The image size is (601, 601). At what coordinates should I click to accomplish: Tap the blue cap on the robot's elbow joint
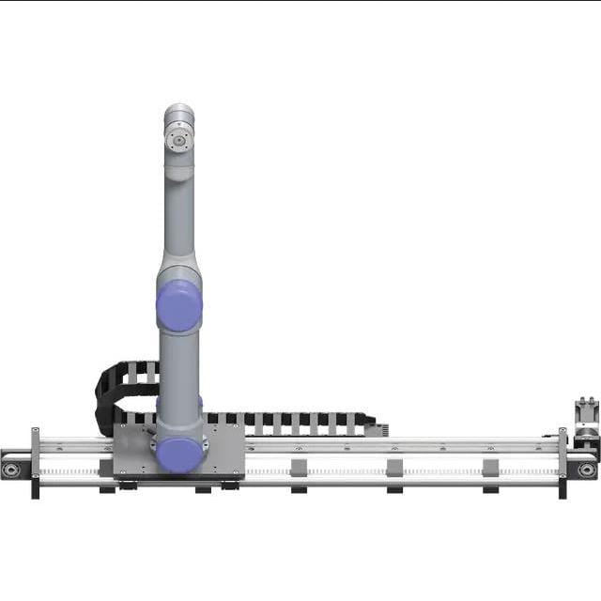click(178, 307)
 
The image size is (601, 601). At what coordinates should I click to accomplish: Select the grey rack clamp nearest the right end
click(490, 467)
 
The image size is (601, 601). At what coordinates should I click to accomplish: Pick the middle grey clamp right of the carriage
click(394, 467)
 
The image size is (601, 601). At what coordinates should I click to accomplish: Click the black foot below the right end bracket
click(562, 488)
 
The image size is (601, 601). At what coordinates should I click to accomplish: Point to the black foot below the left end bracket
click(36, 489)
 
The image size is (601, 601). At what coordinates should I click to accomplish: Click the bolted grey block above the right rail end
click(586, 413)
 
